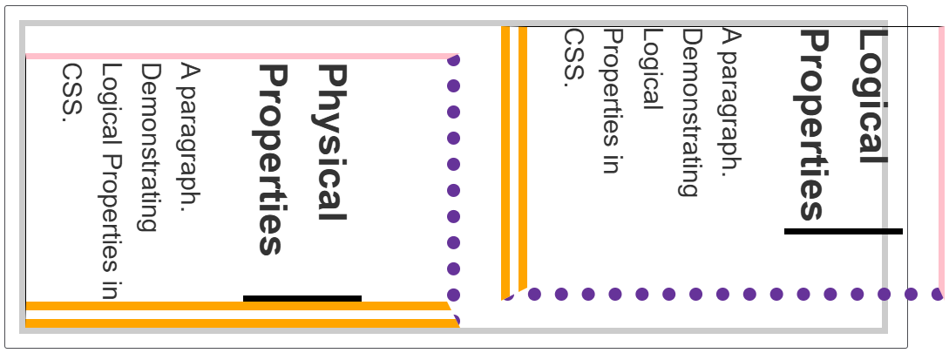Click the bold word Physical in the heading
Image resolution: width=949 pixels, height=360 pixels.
click(332, 142)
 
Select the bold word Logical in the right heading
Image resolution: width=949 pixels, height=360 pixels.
click(872, 96)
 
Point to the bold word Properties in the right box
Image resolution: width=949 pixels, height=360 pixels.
click(813, 125)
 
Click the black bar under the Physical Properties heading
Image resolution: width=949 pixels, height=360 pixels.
click(302, 299)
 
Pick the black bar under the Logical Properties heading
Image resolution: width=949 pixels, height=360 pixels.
click(843, 231)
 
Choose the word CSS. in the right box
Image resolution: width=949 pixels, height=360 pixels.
click(573, 58)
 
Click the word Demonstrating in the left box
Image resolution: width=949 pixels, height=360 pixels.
click(150, 147)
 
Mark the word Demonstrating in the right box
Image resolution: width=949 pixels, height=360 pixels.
click(691, 112)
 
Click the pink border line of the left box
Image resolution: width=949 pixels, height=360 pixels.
click(235, 56)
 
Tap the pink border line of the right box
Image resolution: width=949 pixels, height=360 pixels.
click(941, 157)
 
